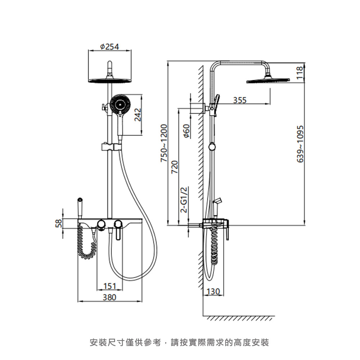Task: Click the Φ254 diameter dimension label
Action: [109, 46]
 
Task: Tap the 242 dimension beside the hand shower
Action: [138, 114]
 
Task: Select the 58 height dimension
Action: [59, 223]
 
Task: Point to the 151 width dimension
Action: [110, 286]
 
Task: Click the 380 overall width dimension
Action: [109, 297]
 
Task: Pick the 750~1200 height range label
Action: [164, 143]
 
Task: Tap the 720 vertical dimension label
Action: [175, 167]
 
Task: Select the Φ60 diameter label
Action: [187, 131]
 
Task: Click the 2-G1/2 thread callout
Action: [184, 200]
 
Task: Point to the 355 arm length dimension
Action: [240, 100]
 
